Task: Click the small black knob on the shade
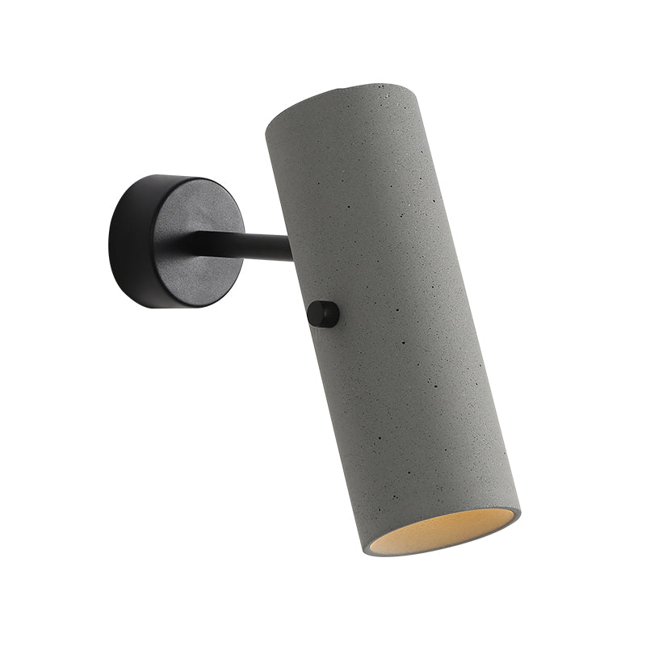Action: pos(324,314)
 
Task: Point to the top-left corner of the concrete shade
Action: pos(267,121)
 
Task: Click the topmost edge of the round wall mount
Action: pos(174,176)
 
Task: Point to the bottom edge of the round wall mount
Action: pos(174,308)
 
